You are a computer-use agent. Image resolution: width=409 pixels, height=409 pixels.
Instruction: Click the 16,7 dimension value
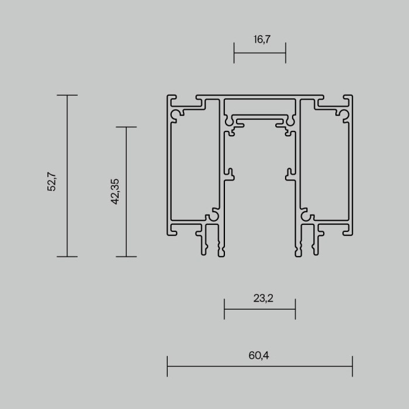[x=259, y=40]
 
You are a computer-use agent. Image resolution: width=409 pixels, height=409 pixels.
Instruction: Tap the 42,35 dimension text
[x=115, y=191]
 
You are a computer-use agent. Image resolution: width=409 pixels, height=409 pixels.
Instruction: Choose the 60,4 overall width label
[x=259, y=355]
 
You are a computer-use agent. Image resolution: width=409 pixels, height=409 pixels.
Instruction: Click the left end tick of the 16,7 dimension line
[x=234, y=53]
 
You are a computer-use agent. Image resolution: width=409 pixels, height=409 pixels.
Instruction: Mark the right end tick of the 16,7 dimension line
[x=286, y=53]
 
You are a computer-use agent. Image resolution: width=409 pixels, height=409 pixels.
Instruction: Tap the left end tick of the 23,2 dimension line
[x=224, y=309]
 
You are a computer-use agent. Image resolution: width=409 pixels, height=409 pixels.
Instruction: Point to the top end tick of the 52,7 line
[x=67, y=95]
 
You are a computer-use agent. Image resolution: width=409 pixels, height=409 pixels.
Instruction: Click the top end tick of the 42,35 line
[x=126, y=127]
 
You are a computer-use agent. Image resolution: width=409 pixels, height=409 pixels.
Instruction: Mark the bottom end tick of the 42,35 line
[x=126, y=257]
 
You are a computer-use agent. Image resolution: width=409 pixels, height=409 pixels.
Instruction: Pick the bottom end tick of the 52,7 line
[x=67, y=257]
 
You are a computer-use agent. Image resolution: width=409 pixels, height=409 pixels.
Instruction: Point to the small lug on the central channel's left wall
[x=230, y=174]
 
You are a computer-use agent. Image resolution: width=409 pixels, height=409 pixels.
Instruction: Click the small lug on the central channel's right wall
[x=290, y=174]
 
